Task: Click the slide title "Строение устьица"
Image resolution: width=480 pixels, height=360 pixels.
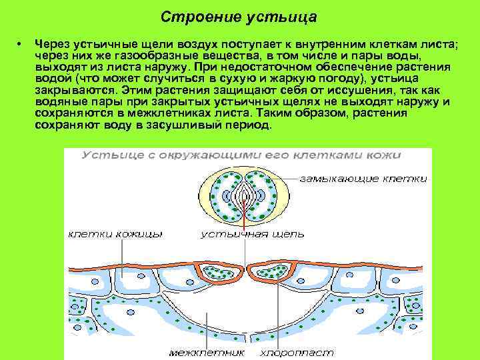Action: (239, 15)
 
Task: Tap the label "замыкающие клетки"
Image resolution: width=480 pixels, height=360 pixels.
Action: (363, 179)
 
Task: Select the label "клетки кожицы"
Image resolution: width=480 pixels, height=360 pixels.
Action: (115, 234)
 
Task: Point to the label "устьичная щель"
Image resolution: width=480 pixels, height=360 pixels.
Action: (253, 234)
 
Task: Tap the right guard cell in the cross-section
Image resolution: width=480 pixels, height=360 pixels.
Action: (270, 272)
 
